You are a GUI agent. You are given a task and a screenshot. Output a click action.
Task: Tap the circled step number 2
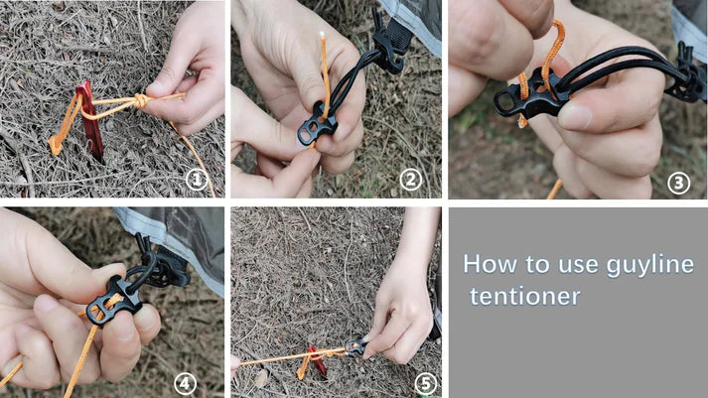411,180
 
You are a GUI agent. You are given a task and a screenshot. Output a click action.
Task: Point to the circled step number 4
185,381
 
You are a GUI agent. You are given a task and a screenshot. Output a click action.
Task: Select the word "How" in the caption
486,264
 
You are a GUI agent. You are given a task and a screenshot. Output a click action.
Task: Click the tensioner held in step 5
354,346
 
